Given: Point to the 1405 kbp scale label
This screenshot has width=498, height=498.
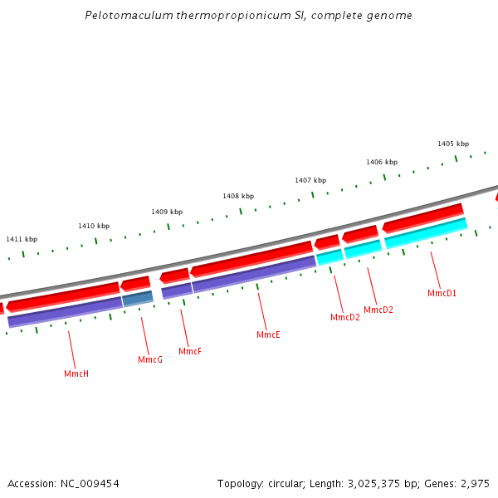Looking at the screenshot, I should click(x=453, y=144).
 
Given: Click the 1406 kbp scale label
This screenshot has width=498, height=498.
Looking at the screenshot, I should click(x=382, y=162).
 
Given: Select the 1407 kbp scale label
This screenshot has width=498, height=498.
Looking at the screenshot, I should click(x=310, y=180).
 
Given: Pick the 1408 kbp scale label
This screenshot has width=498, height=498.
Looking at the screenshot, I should click(x=238, y=196).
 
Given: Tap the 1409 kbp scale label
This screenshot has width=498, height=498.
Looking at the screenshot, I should click(x=167, y=212).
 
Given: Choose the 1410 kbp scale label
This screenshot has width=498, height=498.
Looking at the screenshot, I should click(x=94, y=226).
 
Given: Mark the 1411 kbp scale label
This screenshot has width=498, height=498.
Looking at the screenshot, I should click(x=22, y=239).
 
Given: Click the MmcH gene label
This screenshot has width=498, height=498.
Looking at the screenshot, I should click(x=76, y=373).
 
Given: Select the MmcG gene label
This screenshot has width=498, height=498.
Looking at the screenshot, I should click(x=150, y=359).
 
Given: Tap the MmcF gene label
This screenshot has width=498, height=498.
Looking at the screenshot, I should click(x=190, y=351).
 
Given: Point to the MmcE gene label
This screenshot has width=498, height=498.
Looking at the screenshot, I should click(x=268, y=334).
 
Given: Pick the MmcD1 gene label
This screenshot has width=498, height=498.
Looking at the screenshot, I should click(x=442, y=293).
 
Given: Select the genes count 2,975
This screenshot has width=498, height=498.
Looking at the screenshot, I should click(x=473, y=483).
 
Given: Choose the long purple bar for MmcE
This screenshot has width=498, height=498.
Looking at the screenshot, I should click(x=254, y=273).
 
